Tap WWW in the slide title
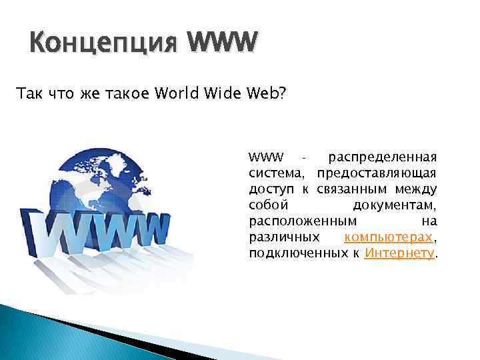click(221, 44)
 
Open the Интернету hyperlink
click(399, 254)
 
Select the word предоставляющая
click(377, 173)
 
